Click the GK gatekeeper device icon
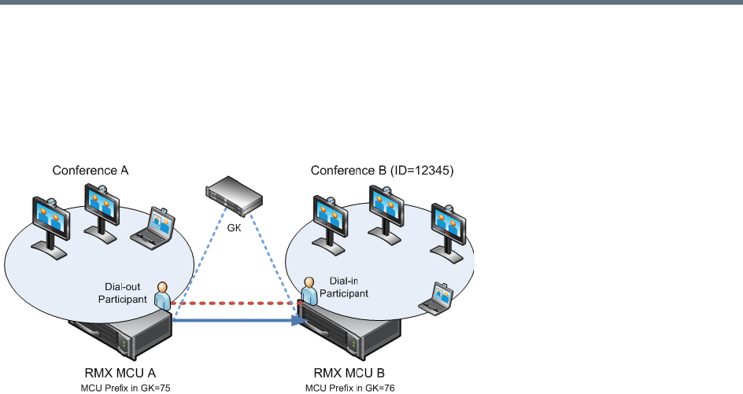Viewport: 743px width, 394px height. pos(233,196)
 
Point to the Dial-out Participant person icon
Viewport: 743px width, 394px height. pos(162,295)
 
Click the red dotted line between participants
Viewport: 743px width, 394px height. pos(236,301)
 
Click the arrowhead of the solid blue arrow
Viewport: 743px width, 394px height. pos(300,320)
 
